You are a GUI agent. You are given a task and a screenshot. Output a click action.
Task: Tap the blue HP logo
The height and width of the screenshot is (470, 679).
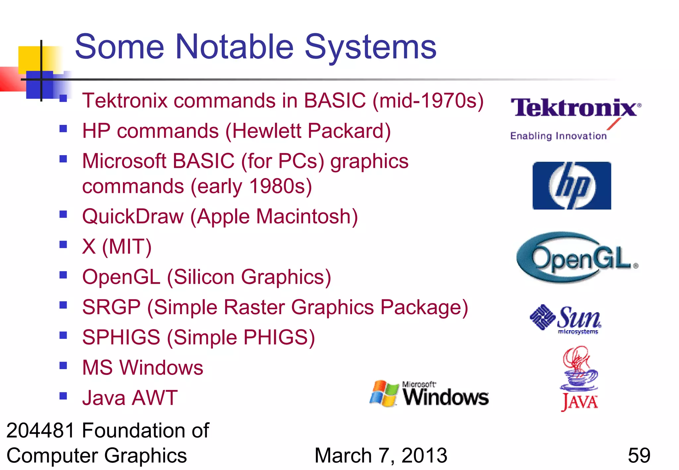(572, 186)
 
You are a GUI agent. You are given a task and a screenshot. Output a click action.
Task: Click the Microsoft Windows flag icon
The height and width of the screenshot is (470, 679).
(384, 393)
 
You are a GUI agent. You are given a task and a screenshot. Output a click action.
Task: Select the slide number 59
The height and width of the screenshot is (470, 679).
(639, 455)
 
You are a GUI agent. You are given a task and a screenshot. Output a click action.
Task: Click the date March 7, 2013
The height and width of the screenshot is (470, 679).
(381, 455)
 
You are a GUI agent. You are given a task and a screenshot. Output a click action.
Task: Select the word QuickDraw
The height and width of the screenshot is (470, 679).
(133, 217)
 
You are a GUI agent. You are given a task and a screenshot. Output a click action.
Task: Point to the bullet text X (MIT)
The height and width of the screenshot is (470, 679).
(117, 247)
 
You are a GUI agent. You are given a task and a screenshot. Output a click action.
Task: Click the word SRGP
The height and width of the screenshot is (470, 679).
(111, 307)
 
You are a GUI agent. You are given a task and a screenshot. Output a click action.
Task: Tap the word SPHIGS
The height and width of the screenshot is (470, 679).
(121, 337)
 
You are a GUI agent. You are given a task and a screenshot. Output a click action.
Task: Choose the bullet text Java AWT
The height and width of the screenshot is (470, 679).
(130, 398)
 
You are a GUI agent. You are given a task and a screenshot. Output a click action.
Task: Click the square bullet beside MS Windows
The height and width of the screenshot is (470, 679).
(63, 365)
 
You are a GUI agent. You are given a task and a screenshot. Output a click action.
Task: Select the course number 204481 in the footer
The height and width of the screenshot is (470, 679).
(40, 431)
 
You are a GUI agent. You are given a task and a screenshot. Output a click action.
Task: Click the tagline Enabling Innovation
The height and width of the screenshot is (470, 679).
(558, 136)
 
